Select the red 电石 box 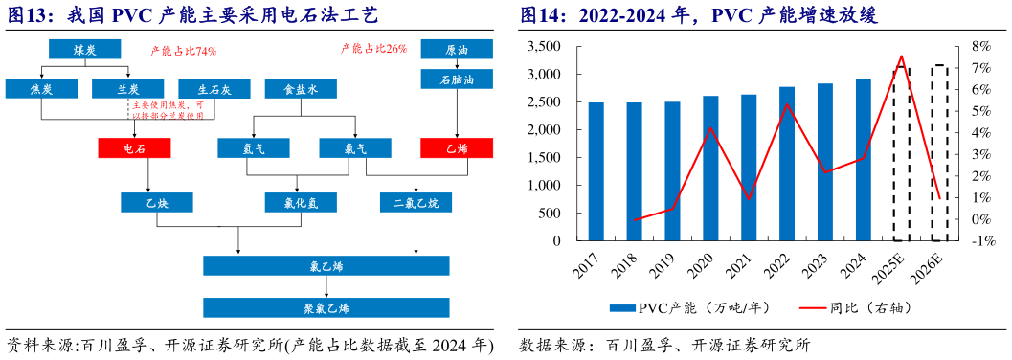pyautogui.click(x=134, y=147)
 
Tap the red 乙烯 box pyautogui.click(x=457, y=147)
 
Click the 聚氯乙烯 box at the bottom pyautogui.click(x=326, y=306)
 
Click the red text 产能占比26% pyautogui.click(x=373, y=48)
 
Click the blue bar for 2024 pyautogui.click(x=863, y=160)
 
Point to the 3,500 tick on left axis pyautogui.click(x=546, y=46)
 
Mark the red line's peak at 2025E pyautogui.click(x=901, y=56)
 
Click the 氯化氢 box pyautogui.click(x=301, y=202)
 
